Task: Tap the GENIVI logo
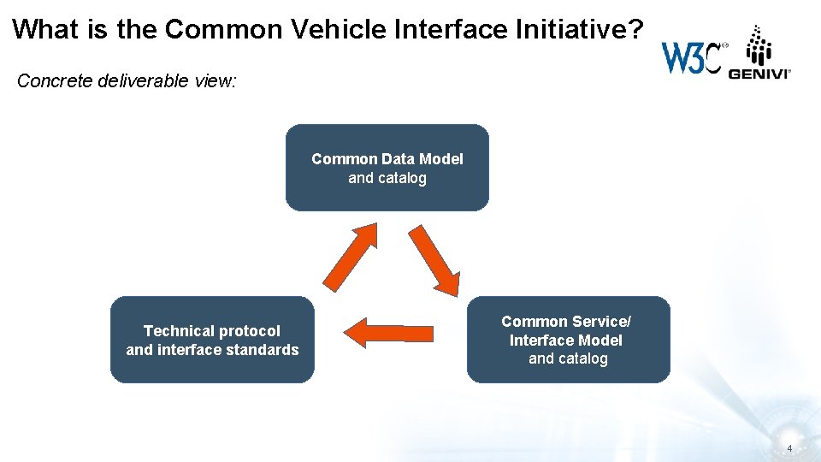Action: [759, 53]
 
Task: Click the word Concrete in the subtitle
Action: [50, 81]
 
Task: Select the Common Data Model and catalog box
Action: [387, 168]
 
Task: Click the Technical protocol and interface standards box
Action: [212, 340]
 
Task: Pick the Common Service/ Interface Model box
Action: [568, 340]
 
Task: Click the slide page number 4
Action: [789, 448]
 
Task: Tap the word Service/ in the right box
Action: [603, 322]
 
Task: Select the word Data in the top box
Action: [395, 159]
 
